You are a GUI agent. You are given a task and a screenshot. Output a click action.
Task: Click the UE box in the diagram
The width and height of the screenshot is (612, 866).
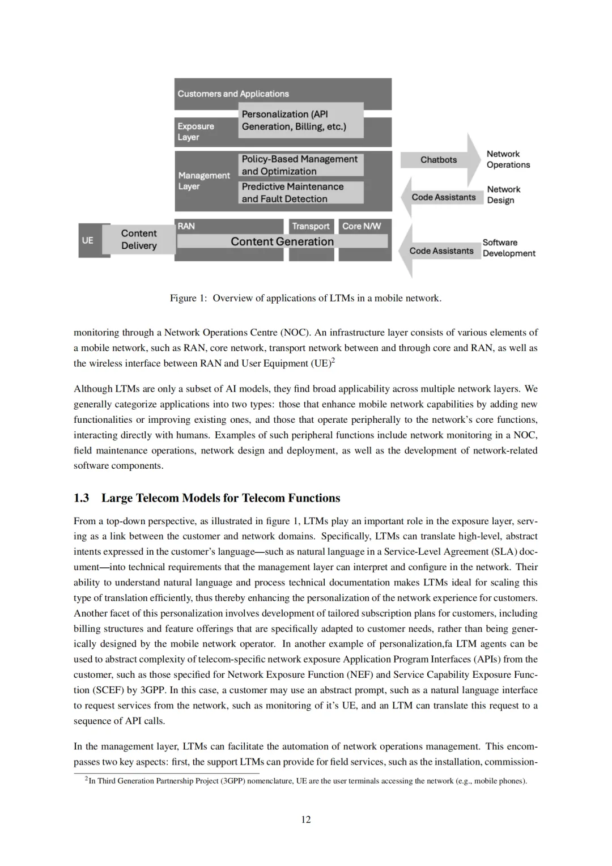(x=87, y=240)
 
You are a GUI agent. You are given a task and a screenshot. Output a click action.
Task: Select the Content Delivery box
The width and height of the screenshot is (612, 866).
(x=139, y=239)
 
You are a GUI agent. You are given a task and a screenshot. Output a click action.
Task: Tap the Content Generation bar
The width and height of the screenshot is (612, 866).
(x=282, y=241)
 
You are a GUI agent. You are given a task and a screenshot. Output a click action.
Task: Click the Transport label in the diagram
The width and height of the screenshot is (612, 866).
(x=311, y=226)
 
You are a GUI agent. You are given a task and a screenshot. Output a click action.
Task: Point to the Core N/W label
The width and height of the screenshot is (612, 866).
(x=362, y=226)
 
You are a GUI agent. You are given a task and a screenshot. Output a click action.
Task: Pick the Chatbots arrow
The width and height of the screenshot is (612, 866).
(x=439, y=160)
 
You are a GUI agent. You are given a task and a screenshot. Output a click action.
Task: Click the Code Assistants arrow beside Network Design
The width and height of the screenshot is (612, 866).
(x=443, y=197)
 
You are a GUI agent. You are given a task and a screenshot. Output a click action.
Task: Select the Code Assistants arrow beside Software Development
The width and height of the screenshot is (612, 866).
(x=441, y=251)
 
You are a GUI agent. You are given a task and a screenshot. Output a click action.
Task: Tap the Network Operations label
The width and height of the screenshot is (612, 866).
(x=508, y=159)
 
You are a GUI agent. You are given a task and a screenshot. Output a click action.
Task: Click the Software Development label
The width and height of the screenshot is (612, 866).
(x=508, y=248)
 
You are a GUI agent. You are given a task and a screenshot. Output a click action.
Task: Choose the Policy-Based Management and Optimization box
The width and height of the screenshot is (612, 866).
(x=300, y=165)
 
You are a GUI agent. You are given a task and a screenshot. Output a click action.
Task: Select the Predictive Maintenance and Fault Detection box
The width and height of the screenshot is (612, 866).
(x=300, y=193)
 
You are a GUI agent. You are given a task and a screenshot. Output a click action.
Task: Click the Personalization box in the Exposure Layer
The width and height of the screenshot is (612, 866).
(x=300, y=120)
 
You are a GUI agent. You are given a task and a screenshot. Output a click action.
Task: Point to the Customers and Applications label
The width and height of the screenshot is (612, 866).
(x=233, y=94)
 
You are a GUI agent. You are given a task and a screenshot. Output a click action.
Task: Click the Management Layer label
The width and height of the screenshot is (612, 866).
(x=204, y=181)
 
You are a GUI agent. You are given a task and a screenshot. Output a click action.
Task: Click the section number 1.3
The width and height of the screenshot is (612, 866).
(x=81, y=498)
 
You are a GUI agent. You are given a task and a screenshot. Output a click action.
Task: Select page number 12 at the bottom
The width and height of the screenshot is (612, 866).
(x=306, y=820)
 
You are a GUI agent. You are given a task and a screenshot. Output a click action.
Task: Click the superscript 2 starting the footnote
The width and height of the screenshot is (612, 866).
(x=87, y=779)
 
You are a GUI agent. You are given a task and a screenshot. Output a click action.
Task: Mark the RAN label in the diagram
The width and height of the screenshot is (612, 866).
(x=186, y=226)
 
